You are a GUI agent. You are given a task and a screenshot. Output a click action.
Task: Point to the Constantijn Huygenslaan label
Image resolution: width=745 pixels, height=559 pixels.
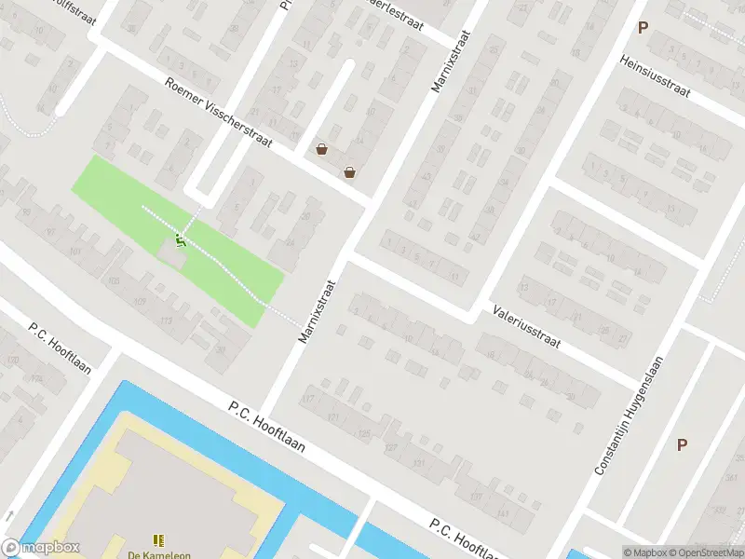[630, 416]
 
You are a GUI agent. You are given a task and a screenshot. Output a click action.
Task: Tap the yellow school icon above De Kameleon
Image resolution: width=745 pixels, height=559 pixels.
[158, 539]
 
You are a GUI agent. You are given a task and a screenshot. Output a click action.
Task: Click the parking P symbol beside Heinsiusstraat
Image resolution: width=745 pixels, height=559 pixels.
[643, 28]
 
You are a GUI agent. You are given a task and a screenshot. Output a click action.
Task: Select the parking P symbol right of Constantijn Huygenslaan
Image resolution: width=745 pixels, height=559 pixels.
[682, 445]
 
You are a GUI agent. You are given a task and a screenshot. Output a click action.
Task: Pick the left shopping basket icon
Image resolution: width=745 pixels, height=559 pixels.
[321, 149]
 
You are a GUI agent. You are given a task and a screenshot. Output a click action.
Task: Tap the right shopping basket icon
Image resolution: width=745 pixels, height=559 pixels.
[349, 171]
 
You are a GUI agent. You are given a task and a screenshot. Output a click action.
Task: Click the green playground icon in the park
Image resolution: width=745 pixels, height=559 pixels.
[181, 241]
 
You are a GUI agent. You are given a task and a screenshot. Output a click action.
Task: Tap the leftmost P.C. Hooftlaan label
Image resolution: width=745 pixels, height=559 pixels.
[60, 348]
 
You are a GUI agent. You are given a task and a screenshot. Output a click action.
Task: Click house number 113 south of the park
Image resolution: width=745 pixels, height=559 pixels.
[167, 321]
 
